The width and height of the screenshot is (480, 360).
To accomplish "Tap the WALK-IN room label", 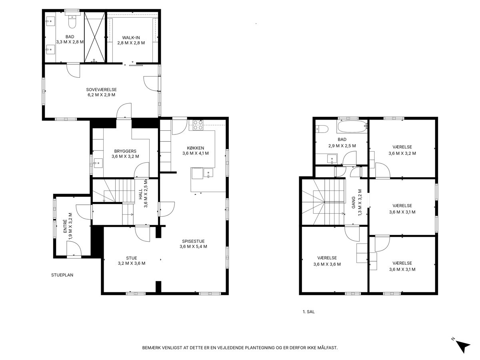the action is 131,38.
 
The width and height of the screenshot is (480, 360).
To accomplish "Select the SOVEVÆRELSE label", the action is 101,90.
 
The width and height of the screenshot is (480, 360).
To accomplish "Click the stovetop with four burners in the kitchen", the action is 198,125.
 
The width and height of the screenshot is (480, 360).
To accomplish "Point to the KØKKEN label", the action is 196,148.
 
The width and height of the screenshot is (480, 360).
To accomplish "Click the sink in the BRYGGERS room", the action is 98,163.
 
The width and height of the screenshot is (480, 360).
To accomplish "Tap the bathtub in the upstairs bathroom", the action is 352,126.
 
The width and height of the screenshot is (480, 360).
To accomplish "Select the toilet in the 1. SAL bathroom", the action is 322,129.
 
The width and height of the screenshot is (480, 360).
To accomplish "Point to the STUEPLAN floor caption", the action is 62,275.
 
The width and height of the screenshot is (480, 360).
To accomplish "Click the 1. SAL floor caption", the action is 308,312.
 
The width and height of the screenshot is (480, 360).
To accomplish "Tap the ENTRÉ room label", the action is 65,226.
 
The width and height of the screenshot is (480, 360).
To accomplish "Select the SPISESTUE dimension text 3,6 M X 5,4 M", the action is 193,246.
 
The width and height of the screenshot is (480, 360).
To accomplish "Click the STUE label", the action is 132,258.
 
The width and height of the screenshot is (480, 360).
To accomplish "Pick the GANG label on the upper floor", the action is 353,202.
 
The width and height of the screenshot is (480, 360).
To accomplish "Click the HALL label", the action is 140,194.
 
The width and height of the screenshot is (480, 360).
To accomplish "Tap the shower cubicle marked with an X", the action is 95,37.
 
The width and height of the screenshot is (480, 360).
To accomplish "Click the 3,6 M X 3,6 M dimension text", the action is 327,264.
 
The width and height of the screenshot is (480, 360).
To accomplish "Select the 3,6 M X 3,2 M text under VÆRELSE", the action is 402,154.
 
